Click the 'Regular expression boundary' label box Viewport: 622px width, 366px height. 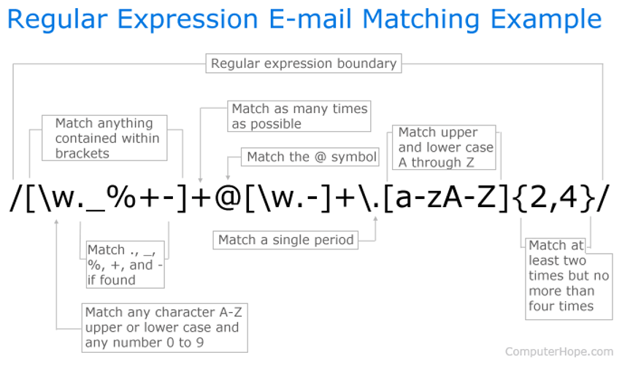pos(304,63)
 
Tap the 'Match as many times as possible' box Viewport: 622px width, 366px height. pos(299,116)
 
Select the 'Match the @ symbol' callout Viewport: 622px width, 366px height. pos(310,157)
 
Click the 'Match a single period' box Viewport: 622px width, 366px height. pos(285,240)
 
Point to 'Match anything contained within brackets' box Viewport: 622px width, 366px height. pos(104,138)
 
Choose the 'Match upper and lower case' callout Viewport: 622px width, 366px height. pos(444,147)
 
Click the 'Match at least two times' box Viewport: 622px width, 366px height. pos(569,279)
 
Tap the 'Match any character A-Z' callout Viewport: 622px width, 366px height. pos(164,328)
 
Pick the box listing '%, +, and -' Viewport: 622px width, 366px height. pos(126,265)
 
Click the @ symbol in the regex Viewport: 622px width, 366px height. pos(228,197)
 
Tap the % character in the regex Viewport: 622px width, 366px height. pos(121,197)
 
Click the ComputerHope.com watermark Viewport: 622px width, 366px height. pos(559,351)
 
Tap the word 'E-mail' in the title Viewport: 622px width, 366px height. pos(310,19)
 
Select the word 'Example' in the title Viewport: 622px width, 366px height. pos(546,20)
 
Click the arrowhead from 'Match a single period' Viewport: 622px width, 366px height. pos(375,219)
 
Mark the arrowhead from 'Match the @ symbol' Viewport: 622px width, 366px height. pos(228,177)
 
